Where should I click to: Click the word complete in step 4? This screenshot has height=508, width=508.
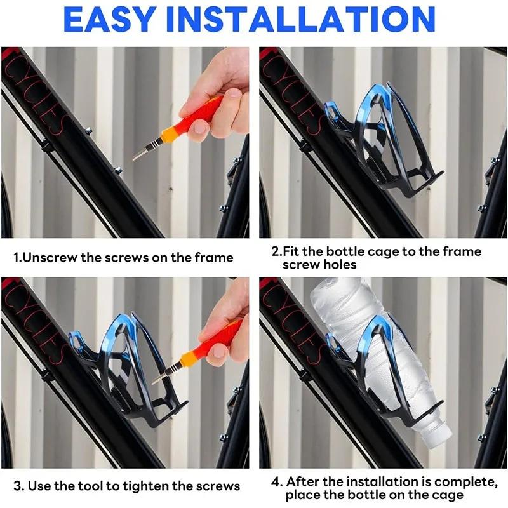[x=465, y=482]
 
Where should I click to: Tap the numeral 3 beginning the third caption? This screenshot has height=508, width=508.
[x=17, y=486]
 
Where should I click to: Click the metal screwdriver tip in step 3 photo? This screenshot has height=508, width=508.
[x=159, y=378]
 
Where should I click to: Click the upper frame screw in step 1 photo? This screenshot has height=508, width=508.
[x=88, y=131]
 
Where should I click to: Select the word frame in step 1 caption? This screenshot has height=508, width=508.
[x=214, y=258]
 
